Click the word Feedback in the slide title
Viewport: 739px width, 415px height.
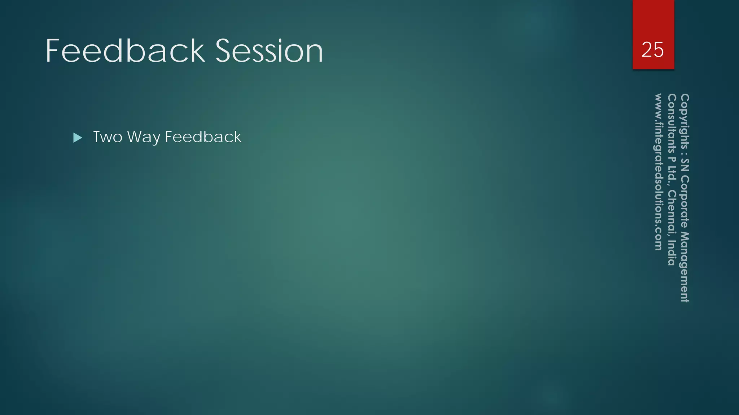tap(125, 51)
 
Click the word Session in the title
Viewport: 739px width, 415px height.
tap(269, 51)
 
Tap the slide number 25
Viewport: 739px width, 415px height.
tap(652, 50)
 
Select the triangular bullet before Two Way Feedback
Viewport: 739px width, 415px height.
tap(78, 138)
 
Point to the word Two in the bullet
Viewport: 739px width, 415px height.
tap(108, 137)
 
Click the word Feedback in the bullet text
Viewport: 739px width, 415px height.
tap(203, 137)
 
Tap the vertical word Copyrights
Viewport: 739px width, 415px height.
tap(685, 121)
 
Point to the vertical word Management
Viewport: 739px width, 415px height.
tap(685, 267)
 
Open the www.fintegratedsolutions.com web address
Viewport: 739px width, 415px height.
tap(659, 172)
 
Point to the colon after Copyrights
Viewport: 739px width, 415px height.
tap(685, 153)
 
